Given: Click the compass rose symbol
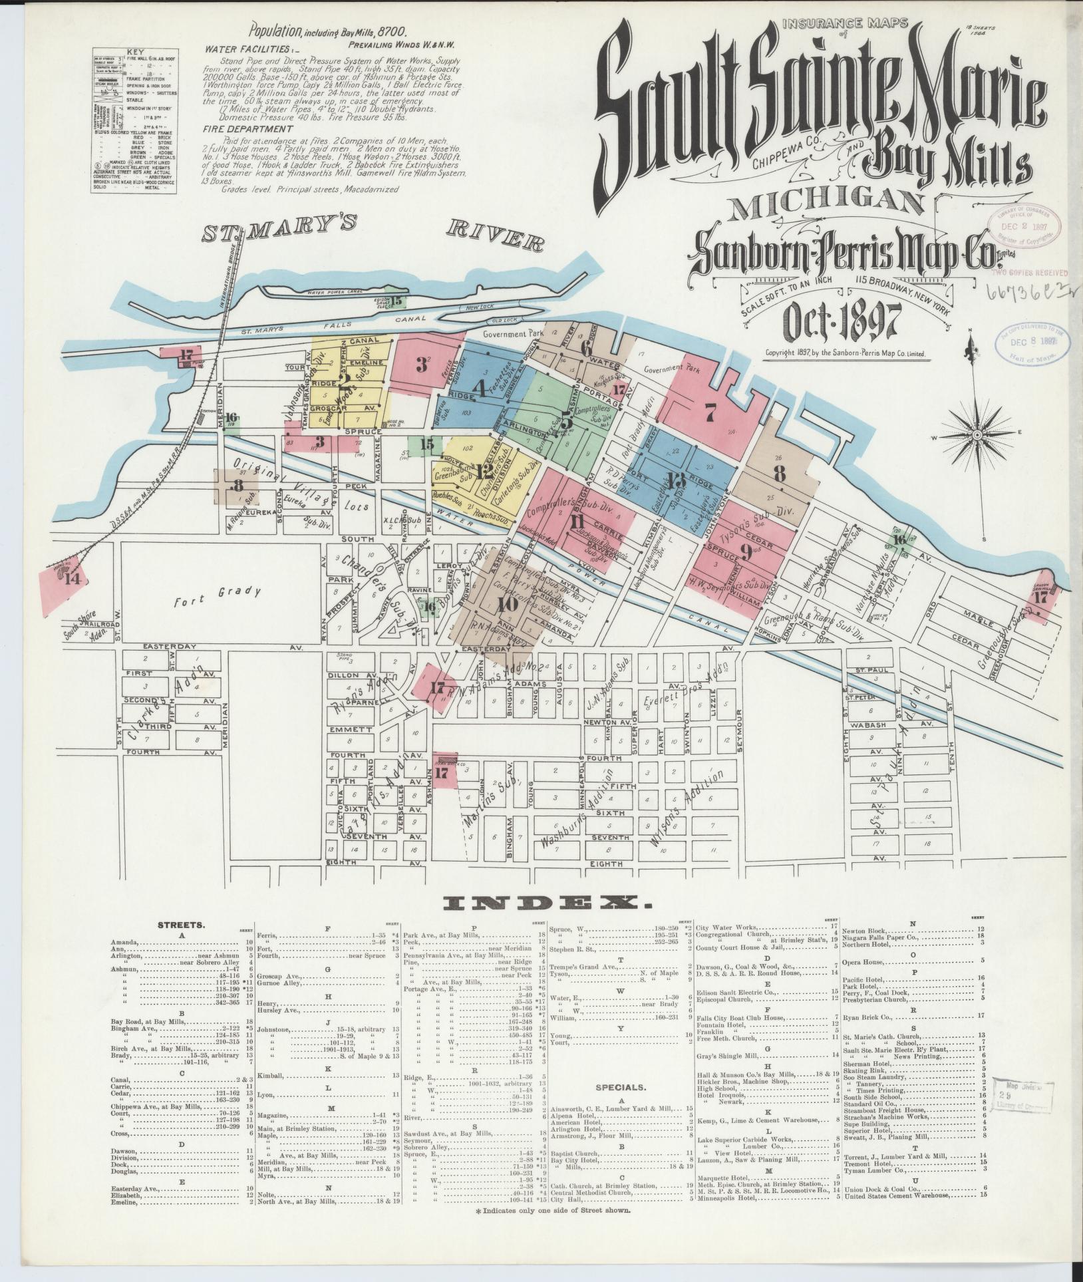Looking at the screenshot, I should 977,435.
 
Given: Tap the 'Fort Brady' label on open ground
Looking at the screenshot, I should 218,591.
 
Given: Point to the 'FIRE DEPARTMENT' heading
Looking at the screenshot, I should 248,129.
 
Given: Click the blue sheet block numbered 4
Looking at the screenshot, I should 477,387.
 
